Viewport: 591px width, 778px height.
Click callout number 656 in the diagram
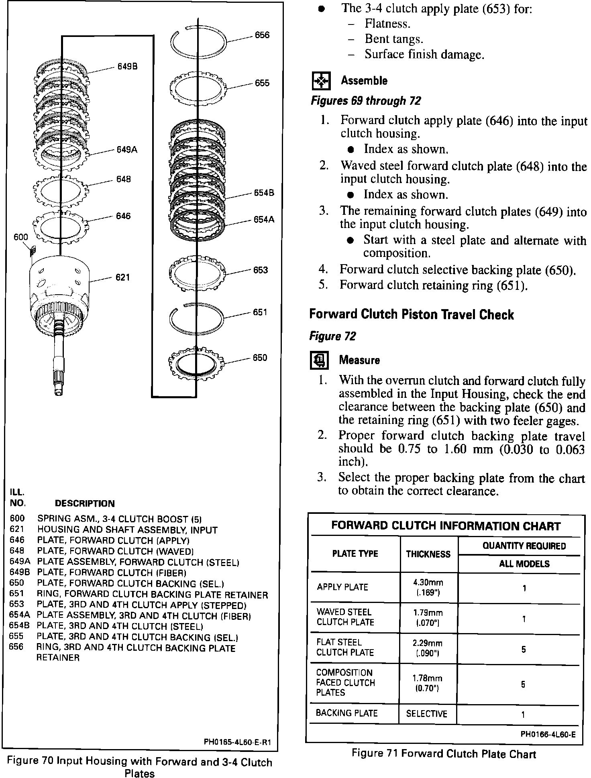point(262,35)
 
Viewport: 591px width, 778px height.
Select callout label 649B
point(127,67)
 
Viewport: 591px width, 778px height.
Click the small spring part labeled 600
point(32,251)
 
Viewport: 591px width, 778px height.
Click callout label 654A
point(264,220)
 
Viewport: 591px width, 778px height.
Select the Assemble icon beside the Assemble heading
point(321,81)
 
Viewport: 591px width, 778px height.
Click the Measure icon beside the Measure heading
point(320,360)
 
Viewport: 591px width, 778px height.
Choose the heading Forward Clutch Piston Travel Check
point(412,315)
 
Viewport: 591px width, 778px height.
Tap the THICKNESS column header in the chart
point(428,554)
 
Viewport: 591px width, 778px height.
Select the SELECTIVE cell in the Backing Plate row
point(426,713)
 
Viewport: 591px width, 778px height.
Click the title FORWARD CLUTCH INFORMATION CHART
point(446,526)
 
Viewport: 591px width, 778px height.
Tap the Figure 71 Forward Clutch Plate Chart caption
point(444,754)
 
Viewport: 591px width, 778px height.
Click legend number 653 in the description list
point(16,604)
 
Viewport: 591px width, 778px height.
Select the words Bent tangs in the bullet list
point(394,39)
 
